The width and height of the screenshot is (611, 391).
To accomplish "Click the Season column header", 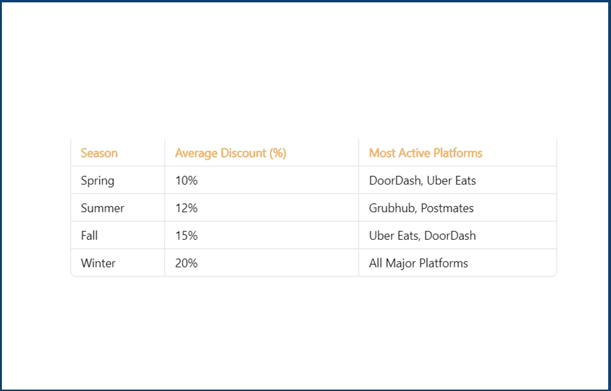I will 99,153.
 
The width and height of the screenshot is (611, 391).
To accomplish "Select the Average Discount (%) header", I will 230,153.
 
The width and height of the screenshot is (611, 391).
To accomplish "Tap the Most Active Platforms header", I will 425,153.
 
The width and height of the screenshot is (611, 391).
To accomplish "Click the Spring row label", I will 97,181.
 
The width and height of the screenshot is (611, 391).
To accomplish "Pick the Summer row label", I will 102,208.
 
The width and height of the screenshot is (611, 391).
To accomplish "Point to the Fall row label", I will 89,235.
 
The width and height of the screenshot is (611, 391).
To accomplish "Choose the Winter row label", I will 98,263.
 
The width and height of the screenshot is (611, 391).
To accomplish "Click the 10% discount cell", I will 186,181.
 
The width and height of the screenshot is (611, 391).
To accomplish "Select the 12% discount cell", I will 186,208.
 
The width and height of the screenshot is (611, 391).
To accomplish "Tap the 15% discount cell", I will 186,235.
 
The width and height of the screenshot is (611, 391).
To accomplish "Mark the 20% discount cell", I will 186,263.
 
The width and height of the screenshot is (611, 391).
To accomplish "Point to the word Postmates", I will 447,208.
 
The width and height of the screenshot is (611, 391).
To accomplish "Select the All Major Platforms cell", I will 418,263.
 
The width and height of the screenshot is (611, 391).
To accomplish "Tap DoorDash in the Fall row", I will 450,235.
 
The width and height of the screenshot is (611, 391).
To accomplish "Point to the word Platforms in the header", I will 458,153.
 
